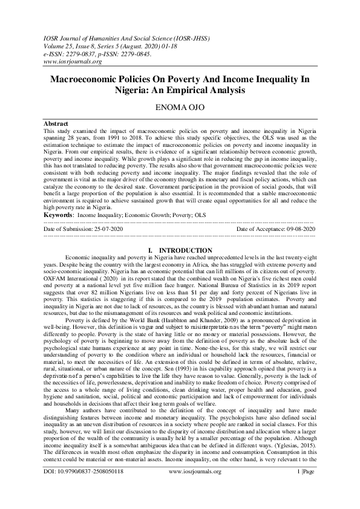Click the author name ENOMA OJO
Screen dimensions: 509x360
(x=180, y=108)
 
